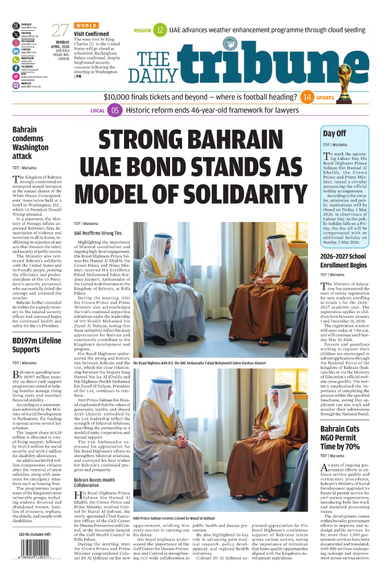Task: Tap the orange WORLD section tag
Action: [86, 26]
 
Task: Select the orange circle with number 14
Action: [307, 97]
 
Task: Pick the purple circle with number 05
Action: [115, 110]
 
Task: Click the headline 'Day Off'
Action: [335, 133]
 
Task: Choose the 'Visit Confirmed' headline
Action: [91, 34]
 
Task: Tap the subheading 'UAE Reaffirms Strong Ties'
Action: [98, 233]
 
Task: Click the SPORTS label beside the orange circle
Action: [325, 98]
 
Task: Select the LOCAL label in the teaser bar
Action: [98, 110]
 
